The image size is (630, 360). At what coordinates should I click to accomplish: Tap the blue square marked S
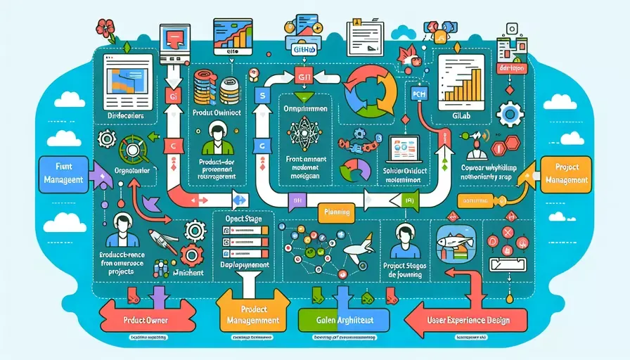pos(259,94)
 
